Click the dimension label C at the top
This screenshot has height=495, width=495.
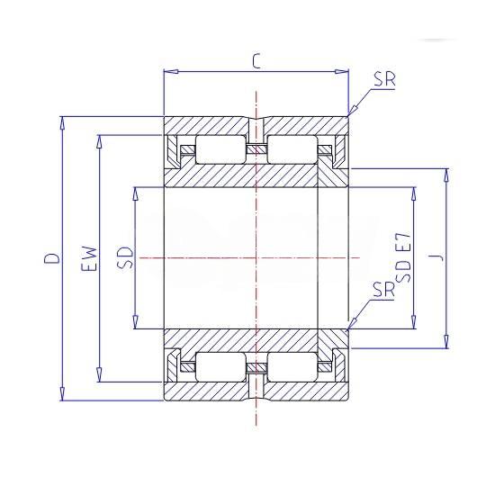point(256,61)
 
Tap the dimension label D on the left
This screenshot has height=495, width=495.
point(52,258)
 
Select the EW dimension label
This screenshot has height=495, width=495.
point(89,258)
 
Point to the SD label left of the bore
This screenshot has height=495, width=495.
point(125,258)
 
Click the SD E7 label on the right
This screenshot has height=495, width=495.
point(403,257)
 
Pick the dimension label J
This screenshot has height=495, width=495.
point(436,258)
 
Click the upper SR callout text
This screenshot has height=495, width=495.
point(384,79)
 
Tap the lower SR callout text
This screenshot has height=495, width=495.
point(383,290)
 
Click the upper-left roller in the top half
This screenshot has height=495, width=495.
point(220,149)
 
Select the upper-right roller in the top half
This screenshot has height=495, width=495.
point(292,149)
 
